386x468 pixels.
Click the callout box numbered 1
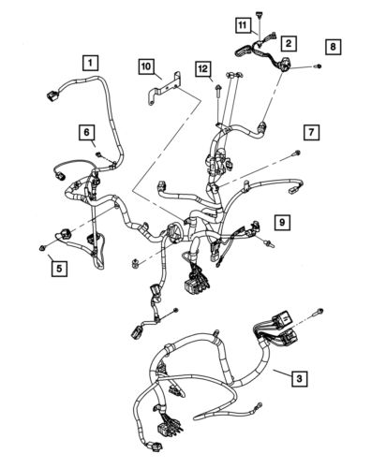[x=90, y=64]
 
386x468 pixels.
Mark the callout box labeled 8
[x=334, y=45]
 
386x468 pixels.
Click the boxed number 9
[x=280, y=222]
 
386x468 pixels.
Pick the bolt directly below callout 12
[x=216, y=92]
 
